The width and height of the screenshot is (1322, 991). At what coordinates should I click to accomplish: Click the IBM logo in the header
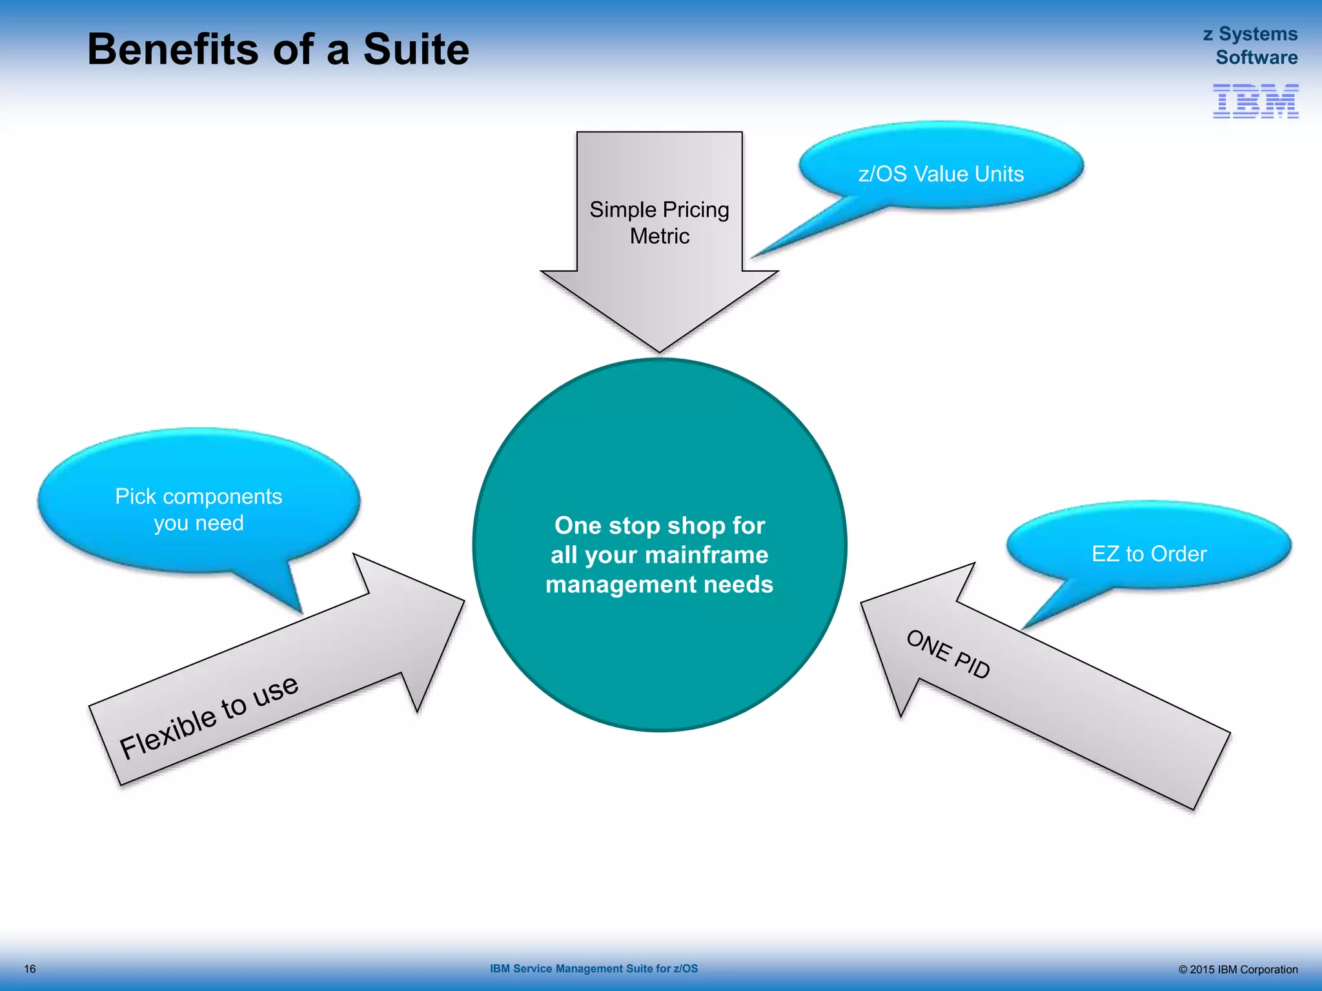pos(1256,101)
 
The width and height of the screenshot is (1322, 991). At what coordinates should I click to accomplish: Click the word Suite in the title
pos(416,50)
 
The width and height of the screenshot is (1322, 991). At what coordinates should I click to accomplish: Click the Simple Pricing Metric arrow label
pos(659,223)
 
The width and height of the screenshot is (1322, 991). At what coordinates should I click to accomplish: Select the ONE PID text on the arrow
pos(948,655)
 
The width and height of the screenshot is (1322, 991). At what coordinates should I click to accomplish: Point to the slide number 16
pos(30,969)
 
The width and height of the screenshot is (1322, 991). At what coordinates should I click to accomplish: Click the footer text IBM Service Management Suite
pos(593,968)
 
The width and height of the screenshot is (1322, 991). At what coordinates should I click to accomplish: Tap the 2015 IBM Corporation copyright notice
pos(1237,969)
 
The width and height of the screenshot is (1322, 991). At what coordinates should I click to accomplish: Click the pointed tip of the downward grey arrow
pos(659,350)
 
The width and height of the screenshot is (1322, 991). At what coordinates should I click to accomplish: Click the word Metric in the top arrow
pos(659,236)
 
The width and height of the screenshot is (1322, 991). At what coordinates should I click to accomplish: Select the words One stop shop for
pos(659,525)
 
